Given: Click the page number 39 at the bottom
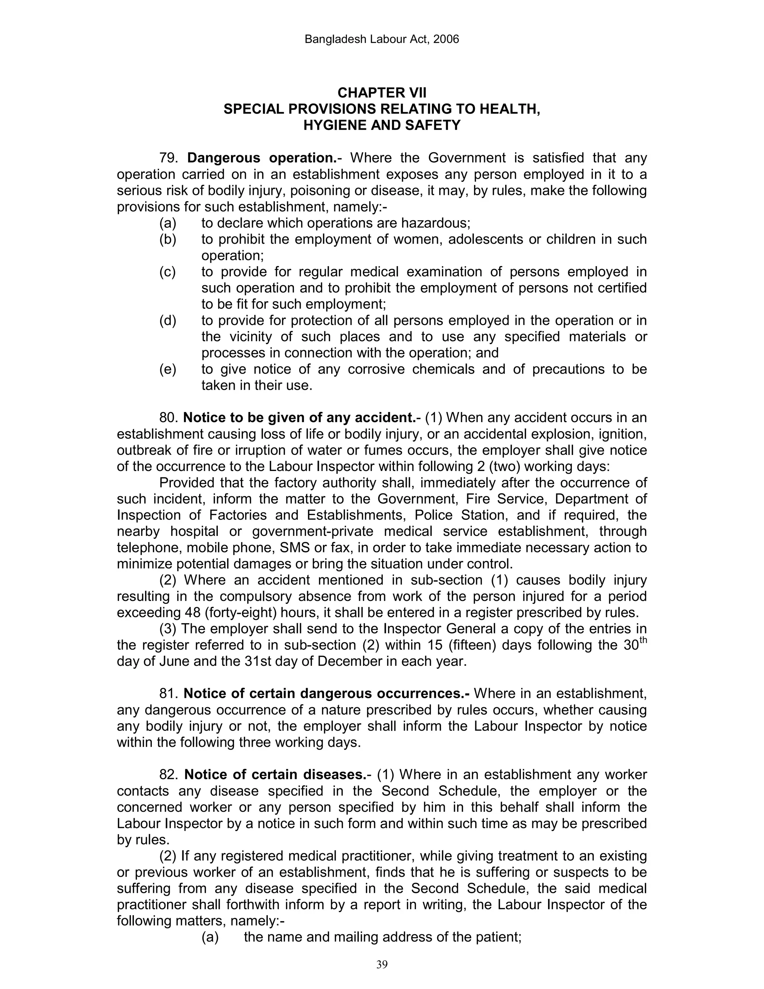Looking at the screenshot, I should pos(382,964).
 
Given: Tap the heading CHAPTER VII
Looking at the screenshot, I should pos(382,93).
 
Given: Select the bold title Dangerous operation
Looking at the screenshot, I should pos(262,158).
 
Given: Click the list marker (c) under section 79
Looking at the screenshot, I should pos(167,272).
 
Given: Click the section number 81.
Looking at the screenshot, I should pos(169,694).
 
